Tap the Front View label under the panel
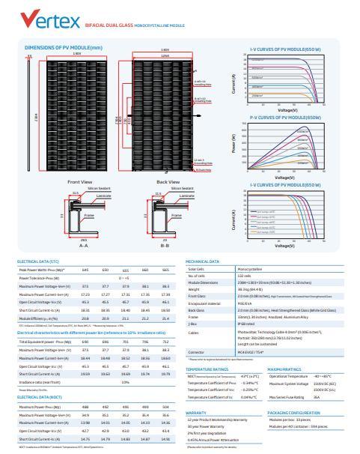pyautogui.click(x=79, y=181)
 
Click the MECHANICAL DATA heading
pyautogui.click(x=202, y=261)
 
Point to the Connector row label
pyautogui.click(x=196, y=351)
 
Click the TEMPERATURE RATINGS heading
pyautogui.click(x=207, y=369)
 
